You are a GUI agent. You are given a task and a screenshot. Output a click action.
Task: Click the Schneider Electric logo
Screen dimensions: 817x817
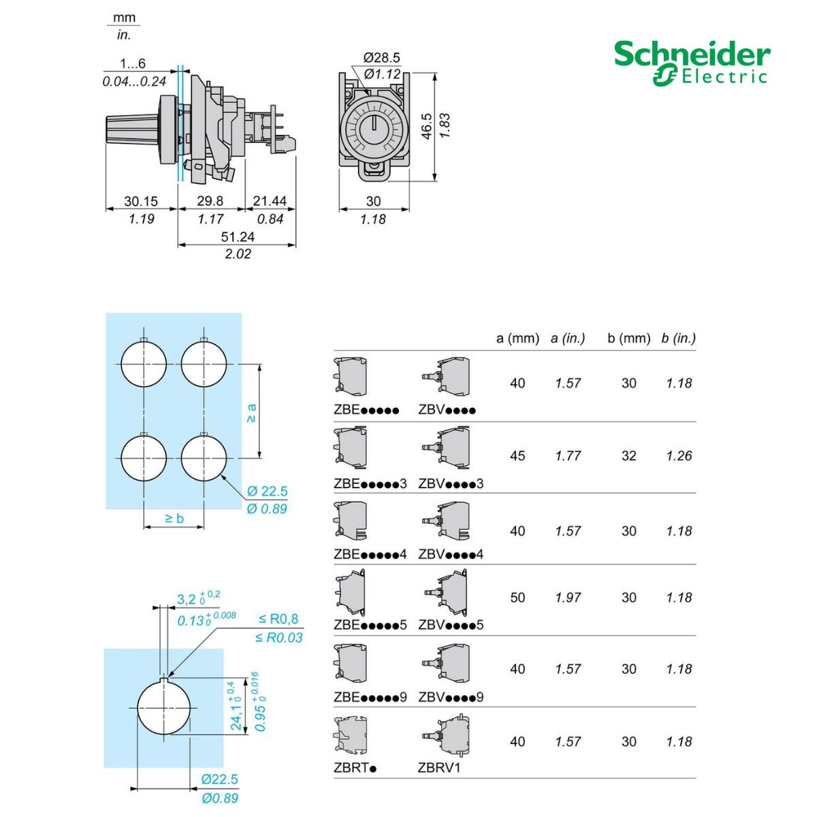(692, 63)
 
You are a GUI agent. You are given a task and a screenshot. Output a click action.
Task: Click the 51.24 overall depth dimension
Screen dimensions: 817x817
(237, 237)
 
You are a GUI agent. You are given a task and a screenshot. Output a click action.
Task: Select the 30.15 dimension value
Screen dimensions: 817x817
(140, 202)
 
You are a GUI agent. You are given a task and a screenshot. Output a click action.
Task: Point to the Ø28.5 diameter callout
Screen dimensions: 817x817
(381, 58)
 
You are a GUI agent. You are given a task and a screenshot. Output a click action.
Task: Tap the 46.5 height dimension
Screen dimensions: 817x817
(426, 126)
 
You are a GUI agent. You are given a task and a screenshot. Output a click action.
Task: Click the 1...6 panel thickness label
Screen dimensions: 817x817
(133, 64)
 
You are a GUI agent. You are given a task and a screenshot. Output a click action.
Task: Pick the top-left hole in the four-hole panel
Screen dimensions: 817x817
(144, 363)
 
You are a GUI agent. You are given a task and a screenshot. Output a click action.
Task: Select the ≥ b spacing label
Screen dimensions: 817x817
(174, 518)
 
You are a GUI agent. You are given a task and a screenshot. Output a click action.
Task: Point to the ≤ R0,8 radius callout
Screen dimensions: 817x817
(278, 620)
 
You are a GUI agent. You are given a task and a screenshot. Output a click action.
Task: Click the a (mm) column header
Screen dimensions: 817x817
(517, 338)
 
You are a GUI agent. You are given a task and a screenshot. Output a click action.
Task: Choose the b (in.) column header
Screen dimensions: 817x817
(678, 338)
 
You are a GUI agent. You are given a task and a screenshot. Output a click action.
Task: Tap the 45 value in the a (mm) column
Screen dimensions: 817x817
(517, 456)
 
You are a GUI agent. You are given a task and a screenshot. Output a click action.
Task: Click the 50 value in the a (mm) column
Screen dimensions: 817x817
(517, 598)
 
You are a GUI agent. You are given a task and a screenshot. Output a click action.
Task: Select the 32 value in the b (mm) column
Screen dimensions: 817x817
(628, 456)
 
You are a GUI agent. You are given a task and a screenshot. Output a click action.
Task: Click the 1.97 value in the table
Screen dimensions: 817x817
(568, 598)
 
